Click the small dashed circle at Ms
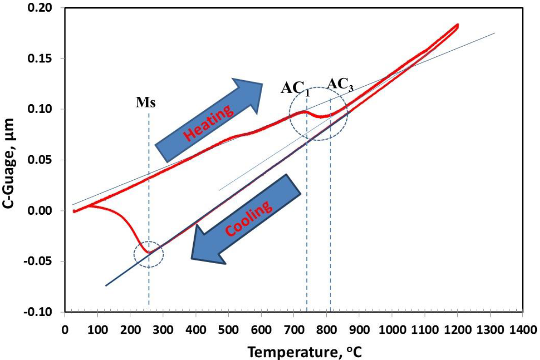tap(148, 254)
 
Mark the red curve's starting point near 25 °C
tap(74, 211)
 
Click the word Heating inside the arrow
tap(208, 122)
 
